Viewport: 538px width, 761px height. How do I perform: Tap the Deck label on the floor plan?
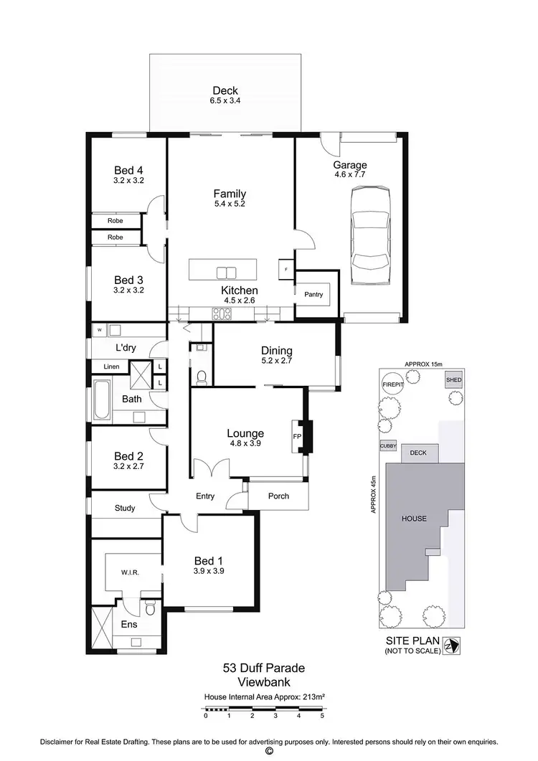pos(225,91)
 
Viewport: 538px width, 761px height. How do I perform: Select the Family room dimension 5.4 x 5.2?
pos(230,204)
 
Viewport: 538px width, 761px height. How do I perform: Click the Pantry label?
pos(313,294)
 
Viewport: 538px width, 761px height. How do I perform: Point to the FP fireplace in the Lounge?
pos(297,435)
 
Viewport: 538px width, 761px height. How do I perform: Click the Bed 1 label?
pos(209,561)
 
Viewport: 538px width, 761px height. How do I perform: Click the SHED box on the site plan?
pos(453,380)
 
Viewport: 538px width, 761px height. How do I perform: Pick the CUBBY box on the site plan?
pos(388,446)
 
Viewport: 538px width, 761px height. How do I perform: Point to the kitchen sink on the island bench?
pos(226,272)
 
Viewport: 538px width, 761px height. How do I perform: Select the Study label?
pos(125,509)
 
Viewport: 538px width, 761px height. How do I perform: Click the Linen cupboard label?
pos(111,367)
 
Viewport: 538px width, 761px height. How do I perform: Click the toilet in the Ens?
pos(150,608)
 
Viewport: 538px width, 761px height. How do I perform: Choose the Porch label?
pos(278,496)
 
